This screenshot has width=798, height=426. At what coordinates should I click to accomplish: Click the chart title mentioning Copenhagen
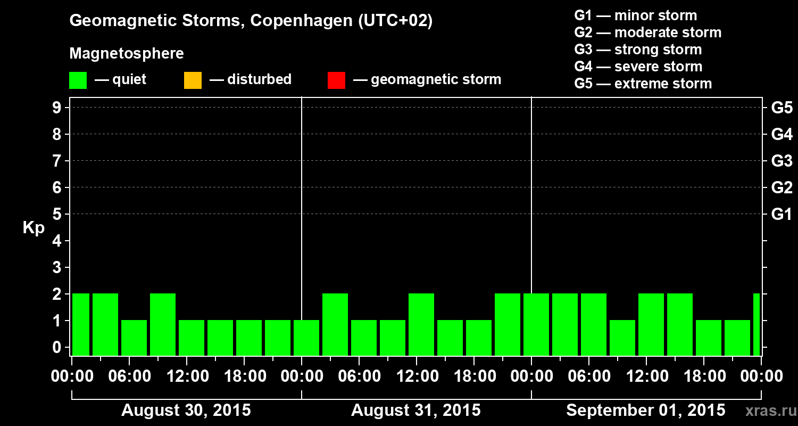coord(251,21)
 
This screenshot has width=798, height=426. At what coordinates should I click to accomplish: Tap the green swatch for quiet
coord(78,80)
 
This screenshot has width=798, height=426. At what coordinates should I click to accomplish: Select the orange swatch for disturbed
coord(193,80)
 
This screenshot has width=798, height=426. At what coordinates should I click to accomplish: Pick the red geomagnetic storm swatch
coord(336,80)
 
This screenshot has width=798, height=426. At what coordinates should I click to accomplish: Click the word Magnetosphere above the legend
coord(127,54)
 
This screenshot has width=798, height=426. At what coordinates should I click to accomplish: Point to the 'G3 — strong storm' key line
coord(638,50)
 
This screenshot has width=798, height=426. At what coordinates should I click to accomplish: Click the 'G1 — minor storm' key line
coord(635,15)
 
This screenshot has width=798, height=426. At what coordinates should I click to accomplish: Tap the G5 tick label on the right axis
coord(782,108)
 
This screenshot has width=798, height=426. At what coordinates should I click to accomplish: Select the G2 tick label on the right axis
coord(782,187)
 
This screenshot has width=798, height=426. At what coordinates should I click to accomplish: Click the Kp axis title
coord(34,228)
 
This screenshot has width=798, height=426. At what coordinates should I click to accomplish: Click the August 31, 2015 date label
coord(415,411)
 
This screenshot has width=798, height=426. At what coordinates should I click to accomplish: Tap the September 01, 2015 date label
coord(645,411)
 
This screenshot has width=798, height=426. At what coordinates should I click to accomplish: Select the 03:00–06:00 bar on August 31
coord(335,324)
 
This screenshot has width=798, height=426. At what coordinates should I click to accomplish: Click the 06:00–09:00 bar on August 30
coord(134,338)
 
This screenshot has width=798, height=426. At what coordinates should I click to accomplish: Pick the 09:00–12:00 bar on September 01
coord(622,338)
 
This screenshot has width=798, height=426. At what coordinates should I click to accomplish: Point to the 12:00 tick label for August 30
coord(187,376)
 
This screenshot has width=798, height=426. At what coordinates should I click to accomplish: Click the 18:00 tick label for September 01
coord(704,376)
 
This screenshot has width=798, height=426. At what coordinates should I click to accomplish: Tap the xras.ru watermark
coord(767,411)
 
